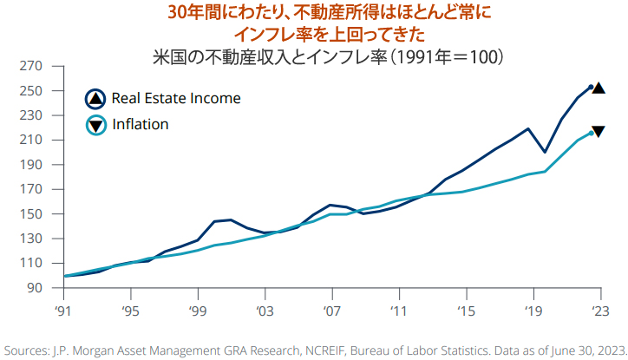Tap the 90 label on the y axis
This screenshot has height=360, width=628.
coord(34,287)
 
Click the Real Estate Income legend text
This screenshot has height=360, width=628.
coord(176,99)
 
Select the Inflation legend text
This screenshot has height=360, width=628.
coord(141,125)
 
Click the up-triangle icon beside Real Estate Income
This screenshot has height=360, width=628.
coord(95,99)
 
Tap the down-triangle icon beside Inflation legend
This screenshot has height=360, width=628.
coord(95,126)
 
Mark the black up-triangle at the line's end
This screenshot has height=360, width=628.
coord(599,88)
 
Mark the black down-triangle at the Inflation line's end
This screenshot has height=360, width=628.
coord(599,132)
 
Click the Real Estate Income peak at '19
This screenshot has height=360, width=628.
coord(528,129)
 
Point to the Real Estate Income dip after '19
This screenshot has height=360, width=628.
coord(545,152)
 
